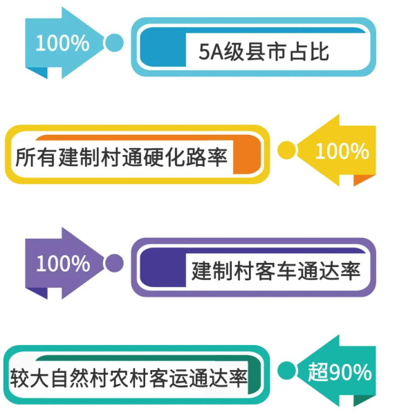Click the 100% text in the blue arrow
click(x=62, y=43)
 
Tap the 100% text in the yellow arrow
click(x=342, y=150)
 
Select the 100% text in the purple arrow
click(x=62, y=264)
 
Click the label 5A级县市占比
click(x=263, y=52)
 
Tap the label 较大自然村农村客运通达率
click(x=129, y=378)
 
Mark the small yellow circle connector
click(x=286, y=150)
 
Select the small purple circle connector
click(x=114, y=264)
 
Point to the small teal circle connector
click(x=286, y=371)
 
